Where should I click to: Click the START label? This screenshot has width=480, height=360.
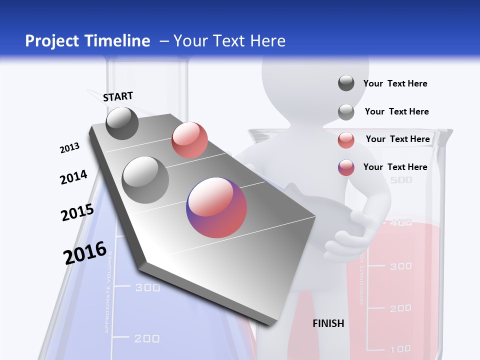click(118, 96)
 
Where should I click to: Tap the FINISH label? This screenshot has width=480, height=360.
click(328, 323)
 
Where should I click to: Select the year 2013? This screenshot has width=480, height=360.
click(69, 148)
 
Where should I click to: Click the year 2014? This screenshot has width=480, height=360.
click(73, 177)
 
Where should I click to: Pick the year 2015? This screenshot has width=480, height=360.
click(77, 212)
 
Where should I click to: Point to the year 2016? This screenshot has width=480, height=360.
click(85, 253)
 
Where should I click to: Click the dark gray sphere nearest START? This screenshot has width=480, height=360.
click(122, 123)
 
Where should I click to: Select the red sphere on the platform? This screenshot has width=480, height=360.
click(189, 140)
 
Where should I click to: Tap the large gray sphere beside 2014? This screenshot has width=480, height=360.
click(145, 179)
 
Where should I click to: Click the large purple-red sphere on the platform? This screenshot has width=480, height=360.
click(216, 207)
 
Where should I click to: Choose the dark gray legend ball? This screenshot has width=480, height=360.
click(346, 83)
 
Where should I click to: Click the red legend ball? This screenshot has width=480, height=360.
click(346, 140)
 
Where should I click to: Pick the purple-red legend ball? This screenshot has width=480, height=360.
click(346, 167)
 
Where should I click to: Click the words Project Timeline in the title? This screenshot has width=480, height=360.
click(87, 41)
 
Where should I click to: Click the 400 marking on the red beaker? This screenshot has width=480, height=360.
click(400, 222)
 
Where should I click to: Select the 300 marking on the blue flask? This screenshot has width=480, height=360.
click(148, 287)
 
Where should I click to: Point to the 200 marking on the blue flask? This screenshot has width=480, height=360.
click(147, 339)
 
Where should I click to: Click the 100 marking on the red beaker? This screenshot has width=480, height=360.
click(400, 348)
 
